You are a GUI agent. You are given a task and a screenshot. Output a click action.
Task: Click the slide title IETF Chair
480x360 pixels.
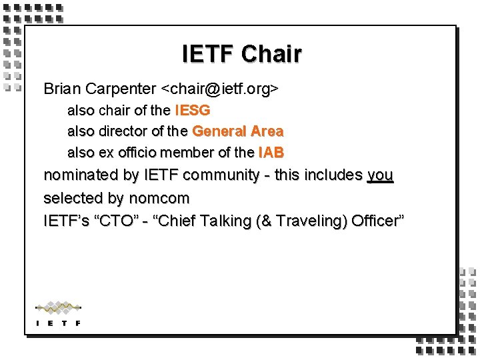(x=241, y=54)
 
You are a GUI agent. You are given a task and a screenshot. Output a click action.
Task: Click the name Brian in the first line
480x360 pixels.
(x=61, y=88)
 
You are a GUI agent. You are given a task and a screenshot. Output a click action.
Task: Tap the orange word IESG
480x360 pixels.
(x=192, y=110)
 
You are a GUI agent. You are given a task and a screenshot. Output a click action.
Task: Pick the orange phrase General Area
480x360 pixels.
(x=237, y=131)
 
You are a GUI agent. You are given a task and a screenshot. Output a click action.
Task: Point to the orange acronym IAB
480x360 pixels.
(x=271, y=153)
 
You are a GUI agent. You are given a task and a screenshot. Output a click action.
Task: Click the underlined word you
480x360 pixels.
(x=380, y=176)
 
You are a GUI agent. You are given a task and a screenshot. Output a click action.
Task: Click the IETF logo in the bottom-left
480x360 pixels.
(x=58, y=313)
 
